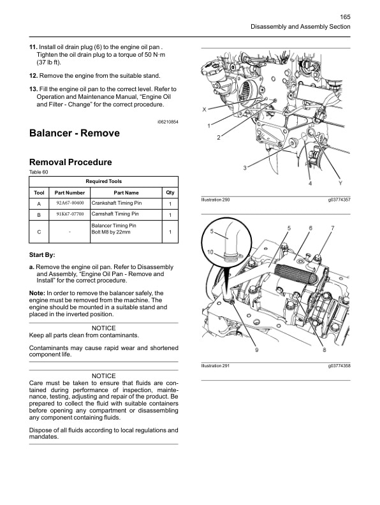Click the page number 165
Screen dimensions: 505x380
(x=344, y=17)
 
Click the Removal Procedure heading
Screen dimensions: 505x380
(x=70, y=162)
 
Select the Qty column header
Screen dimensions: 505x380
(x=170, y=192)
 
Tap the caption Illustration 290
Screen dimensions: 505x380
(x=215, y=200)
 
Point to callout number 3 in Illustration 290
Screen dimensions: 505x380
(x=245, y=168)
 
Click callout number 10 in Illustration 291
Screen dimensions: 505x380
(x=210, y=252)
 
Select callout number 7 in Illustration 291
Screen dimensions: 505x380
(x=332, y=228)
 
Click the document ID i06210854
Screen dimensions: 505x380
(x=168, y=121)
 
